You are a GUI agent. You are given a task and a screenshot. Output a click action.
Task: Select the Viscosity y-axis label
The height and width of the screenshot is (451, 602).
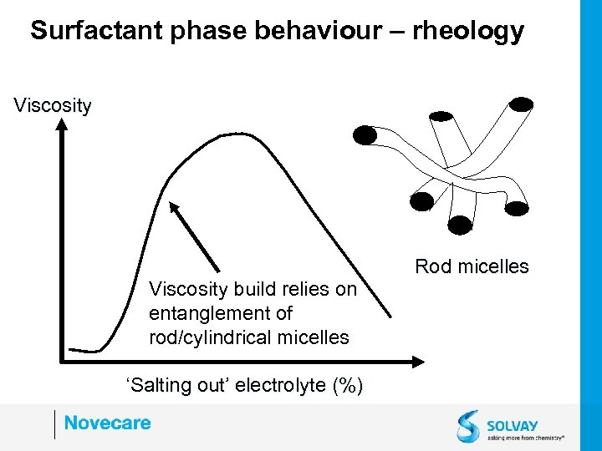point(53,105)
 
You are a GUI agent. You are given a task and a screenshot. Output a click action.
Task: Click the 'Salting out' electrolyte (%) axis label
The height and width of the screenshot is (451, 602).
point(243,385)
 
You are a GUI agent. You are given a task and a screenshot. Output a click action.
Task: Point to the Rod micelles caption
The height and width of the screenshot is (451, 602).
point(472,266)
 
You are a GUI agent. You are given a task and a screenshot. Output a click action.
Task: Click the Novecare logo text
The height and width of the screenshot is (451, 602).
point(107,423)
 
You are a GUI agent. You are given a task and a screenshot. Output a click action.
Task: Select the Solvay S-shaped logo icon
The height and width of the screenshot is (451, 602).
point(468,425)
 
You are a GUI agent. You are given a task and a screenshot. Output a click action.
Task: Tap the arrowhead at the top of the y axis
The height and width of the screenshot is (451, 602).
point(60,125)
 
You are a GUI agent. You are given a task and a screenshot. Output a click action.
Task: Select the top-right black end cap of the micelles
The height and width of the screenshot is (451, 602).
point(522,104)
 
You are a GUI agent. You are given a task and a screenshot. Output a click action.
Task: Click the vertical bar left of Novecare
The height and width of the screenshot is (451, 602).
point(54,423)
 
